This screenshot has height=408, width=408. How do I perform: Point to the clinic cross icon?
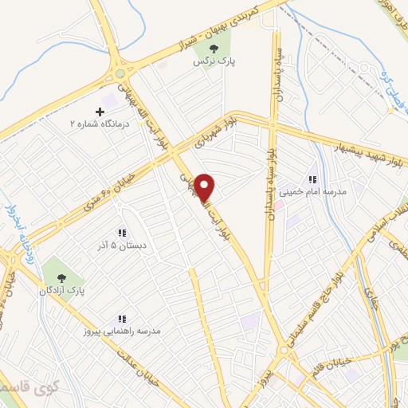tap(100, 112)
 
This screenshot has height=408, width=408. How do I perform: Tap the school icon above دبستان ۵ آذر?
tap(121, 233)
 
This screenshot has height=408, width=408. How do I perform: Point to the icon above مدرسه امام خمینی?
tap(313, 179)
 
